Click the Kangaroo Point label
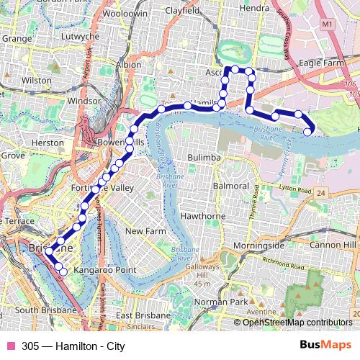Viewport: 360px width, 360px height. [x=105, y=270]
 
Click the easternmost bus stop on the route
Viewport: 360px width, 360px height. [x=308, y=131]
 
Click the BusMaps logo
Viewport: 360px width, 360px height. [x=326, y=346]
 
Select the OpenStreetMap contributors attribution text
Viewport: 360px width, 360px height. [x=297, y=323]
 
